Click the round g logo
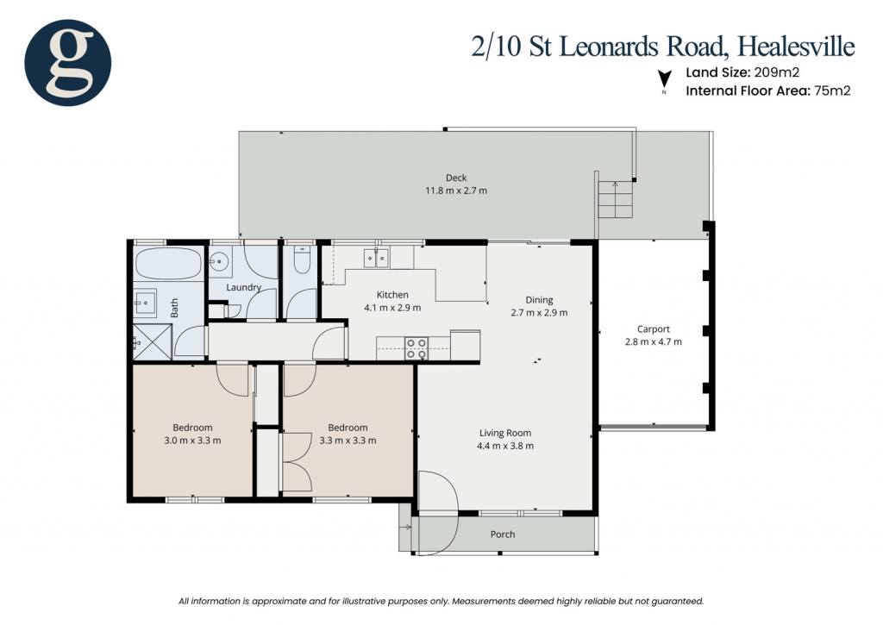67,62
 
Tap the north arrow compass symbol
665,78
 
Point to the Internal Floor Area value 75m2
832,91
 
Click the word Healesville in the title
796,46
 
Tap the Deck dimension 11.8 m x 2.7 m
456,191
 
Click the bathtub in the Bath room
168,264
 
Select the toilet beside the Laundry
302,259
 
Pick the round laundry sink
219,261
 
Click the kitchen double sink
376,258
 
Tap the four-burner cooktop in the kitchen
416,348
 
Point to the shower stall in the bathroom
153,341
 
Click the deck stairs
616,200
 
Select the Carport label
654,328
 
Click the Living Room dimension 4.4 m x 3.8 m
505,446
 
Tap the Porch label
503,534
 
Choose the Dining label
539,299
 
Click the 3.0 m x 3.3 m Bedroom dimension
192,441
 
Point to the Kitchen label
392,295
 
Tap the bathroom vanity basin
145,303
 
